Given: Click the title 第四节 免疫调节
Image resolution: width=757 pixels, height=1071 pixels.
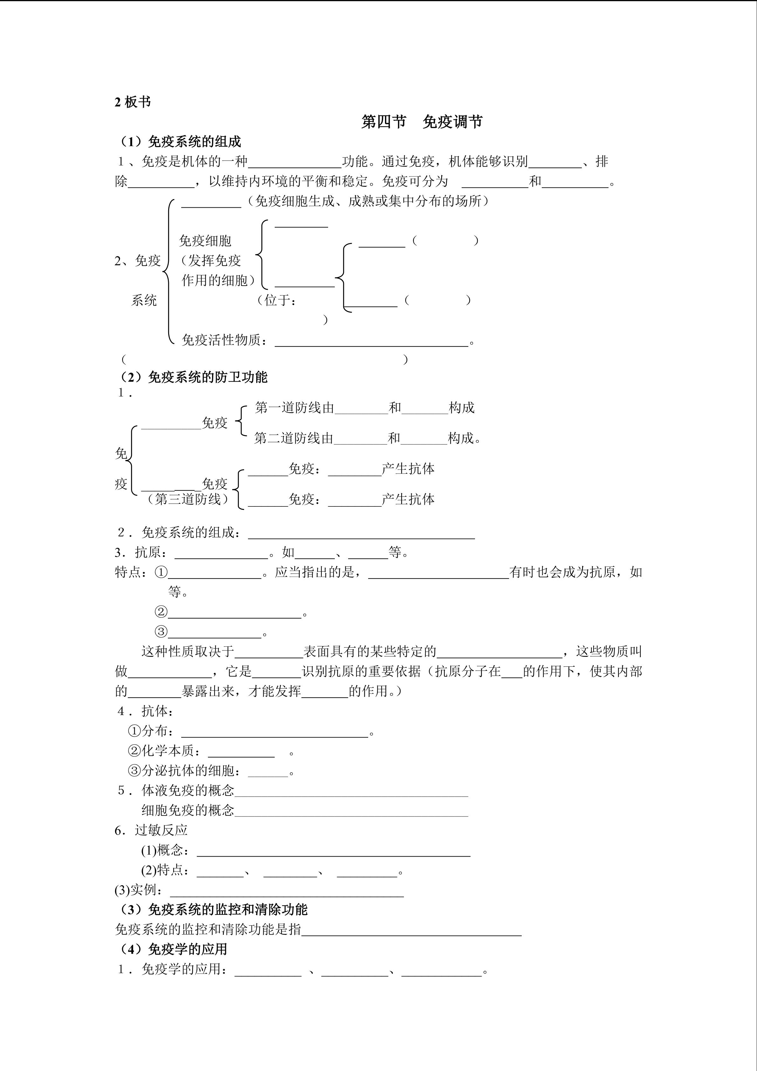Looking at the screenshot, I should pyautogui.click(x=422, y=122).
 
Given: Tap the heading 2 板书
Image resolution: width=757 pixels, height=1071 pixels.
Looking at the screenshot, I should pyautogui.click(x=133, y=102).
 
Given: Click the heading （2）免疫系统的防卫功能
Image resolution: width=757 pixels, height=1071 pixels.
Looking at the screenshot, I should pyautogui.click(x=193, y=377).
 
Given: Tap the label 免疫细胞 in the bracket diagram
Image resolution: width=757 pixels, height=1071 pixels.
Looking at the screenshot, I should pyautogui.click(x=205, y=241).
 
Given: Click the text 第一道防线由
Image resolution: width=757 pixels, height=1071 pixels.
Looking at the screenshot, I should pyautogui.click(x=295, y=408).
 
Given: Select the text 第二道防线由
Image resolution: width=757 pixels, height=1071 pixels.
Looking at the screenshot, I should pyautogui.click(x=294, y=438).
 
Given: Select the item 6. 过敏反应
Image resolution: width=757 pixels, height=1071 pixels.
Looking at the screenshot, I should pyautogui.click(x=151, y=830).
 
